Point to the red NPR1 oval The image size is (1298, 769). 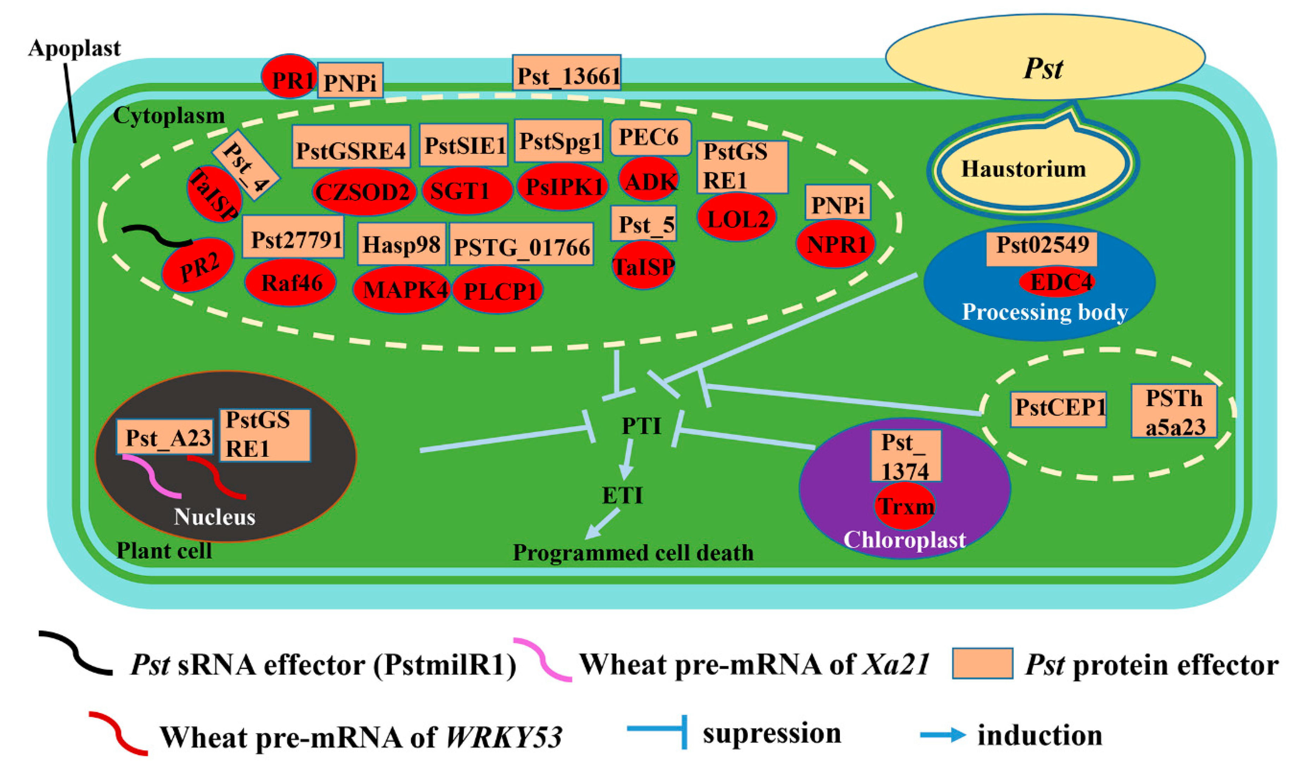click(836, 243)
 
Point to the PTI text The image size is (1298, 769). click(641, 426)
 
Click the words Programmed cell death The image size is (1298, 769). click(633, 553)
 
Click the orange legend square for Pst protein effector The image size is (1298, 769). click(982, 664)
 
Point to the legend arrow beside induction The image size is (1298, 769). click(942, 735)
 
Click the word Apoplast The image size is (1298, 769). click(74, 48)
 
